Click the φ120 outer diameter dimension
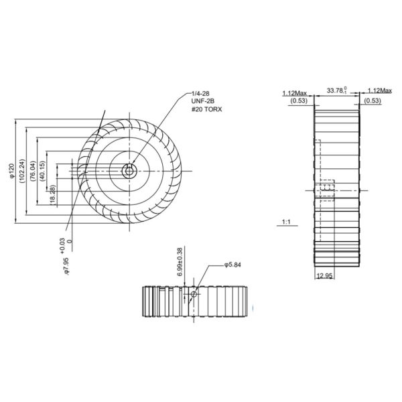[x=11, y=172]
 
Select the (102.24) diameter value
[x=23, y=172]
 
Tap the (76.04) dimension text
[x=33, y=172]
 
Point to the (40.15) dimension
[x=43, y=172]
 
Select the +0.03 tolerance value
[x=62, y=243]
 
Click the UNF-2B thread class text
[x=204, y=102]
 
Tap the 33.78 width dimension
[x=337, y=89]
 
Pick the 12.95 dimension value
[x=324, y=276]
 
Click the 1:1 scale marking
[x=287, y=221]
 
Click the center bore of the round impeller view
[x=129, y=170]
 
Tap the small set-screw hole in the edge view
[x=194, y=295]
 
